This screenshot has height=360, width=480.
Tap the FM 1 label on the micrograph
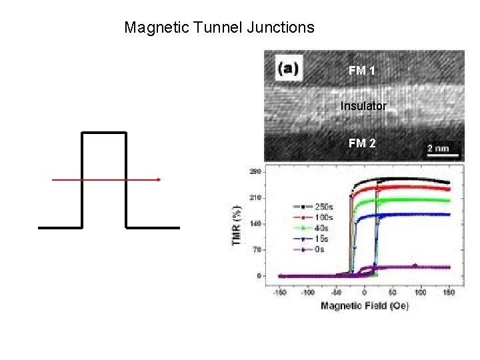(362, 70)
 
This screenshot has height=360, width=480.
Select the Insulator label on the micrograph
(363, 106)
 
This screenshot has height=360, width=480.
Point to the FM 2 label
(362, 143)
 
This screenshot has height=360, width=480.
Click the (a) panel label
(289, 67)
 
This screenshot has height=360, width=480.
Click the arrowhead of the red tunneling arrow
(159, 179)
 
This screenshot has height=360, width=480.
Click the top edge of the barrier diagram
(103, 133)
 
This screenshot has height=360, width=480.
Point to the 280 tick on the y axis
(255, 172)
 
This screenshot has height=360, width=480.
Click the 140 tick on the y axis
(255, 224)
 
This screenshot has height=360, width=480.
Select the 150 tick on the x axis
(449, 292)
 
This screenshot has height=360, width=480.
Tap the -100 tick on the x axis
(307, 292)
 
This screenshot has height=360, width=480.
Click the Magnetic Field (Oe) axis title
(364, 305)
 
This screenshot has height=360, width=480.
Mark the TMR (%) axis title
(237, 224)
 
